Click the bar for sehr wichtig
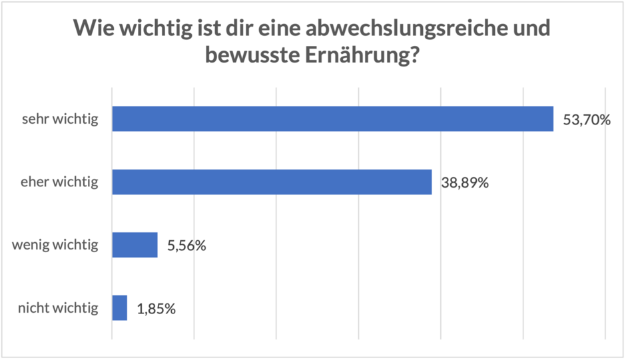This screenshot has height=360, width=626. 332,119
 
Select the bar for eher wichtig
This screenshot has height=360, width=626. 272,182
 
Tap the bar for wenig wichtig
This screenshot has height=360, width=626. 135,245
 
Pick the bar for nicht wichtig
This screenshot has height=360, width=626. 119,307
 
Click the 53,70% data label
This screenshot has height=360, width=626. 587,120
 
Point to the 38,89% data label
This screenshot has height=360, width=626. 465,182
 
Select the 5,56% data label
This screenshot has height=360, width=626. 186,246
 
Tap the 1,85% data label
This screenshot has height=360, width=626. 156,308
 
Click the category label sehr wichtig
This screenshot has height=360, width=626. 60,120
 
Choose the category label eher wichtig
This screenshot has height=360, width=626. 59,182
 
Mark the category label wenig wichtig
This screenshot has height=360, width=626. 55,245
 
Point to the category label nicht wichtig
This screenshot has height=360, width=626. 58,308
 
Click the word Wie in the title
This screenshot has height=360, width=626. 91,29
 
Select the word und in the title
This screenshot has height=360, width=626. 532,29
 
